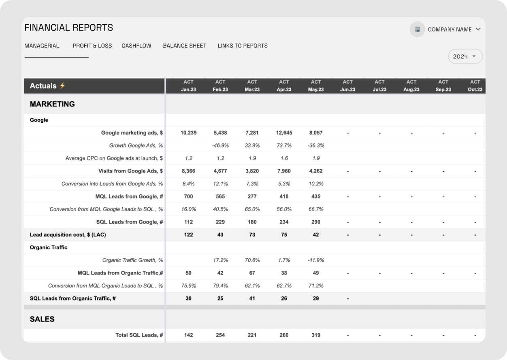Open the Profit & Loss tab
(x=92, y=46)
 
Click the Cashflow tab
(x=136, y=46)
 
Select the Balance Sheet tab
(x=185, y=46)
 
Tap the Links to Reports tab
(x=243, y=46)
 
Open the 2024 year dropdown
(x=465, y=56)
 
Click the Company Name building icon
(x=418, y=29)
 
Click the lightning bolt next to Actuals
(x=62, y=85)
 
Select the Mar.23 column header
(x=252, y=86)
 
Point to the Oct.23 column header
(x=475, y=86)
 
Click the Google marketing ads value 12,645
(x=284, y=133)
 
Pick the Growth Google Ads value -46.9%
(x=220, y=145)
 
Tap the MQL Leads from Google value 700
(x=188, y=196)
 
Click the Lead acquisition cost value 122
(x=188, y=234)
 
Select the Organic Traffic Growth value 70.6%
(x=252, y=260)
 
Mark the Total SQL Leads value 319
(x=316, y=335)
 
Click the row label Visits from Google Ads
(x=130, y=171)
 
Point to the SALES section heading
(x=42, y=319)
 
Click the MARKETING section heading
(x=52, y=104)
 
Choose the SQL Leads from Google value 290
(x=316, y=222)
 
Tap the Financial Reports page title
(x=69, y=28)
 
